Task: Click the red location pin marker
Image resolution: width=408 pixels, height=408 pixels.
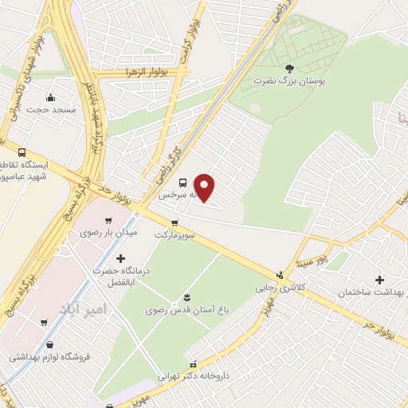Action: tap(205, 186)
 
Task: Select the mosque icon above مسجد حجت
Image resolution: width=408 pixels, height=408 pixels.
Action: tap(51, 97)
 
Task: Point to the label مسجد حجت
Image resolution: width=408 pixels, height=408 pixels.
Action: tap(51, 109)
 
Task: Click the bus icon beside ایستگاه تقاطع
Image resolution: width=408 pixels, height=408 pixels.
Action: tap(21, 152)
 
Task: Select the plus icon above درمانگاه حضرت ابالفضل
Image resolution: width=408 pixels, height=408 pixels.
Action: tap(120, 258)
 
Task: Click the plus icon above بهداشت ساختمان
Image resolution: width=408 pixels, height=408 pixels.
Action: tap(379, 280)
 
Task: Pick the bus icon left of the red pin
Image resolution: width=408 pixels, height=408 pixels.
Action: tap(183, 182)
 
